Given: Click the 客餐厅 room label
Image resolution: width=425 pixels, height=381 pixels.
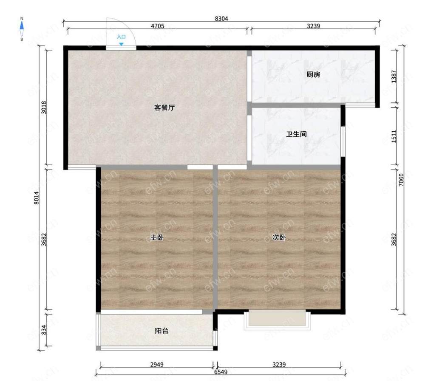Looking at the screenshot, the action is click(x=164, y=107).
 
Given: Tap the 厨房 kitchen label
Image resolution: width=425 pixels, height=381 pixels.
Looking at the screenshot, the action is click(x=313, y=74).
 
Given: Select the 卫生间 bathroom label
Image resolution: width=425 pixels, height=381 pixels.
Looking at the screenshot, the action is click(x=296, y=134).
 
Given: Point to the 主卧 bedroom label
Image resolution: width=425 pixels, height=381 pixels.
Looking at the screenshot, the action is click(x=157, y=238).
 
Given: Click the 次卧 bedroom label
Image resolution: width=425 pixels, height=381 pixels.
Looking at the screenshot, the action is click(x=279, y=238).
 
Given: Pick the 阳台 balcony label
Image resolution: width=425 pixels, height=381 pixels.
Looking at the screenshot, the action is click(x=161, y=330).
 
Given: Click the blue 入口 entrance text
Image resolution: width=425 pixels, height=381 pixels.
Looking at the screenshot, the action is click(x=121, y=37).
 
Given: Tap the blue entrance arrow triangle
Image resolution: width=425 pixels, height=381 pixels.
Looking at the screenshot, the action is click(x=121, y=44).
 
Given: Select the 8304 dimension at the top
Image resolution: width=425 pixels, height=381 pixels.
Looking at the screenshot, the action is click(x=221, y=19).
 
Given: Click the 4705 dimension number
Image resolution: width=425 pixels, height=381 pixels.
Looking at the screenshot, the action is click(x=158, y=26).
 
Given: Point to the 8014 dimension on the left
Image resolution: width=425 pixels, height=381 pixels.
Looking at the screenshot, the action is click(x=37, y=198).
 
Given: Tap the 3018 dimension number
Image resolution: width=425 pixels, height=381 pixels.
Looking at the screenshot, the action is click(x=44, y=107).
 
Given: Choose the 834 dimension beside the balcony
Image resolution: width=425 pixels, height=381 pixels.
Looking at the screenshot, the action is click(x=44, y=330).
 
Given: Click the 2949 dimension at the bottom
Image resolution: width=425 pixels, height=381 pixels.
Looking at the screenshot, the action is click(x=157, y=364).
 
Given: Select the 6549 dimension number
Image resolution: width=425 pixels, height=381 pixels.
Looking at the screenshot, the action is click(x=221, y=372).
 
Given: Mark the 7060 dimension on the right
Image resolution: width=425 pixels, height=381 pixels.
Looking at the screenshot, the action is click(x=402, y=180).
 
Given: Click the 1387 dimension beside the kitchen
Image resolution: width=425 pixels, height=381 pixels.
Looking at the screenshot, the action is click(x=394, y=77).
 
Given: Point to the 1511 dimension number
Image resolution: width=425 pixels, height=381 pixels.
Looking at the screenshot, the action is click(x=394, y=136).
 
